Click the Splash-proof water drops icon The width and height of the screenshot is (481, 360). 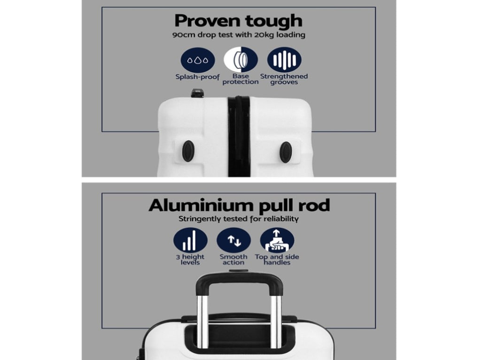[x=198, y=60]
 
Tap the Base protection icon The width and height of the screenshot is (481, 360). [x=241, y=60]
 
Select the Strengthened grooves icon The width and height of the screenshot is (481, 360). [x=284, y=60]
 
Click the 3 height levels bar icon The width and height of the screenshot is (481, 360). [x=190, y=240]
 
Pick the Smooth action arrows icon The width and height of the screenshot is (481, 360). [x=234, y=240]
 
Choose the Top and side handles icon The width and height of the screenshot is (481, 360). [x=277, y=240]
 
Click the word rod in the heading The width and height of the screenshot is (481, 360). [x=315, y=205]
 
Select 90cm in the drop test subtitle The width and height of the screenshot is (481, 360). [x=184, y=35]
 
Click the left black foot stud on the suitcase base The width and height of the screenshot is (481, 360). [x=188, y=151]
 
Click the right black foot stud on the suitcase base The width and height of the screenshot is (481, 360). [x=286, y=152]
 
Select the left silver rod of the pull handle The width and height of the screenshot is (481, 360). [x=202, y=321]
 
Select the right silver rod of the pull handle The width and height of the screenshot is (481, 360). [x=276, y=321]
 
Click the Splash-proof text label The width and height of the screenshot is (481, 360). [x=198, y=77]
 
